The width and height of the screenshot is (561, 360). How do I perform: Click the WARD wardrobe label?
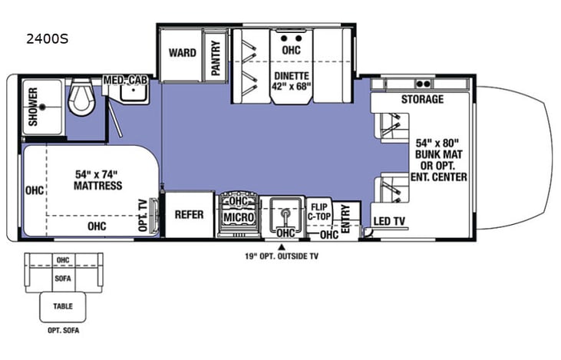coord(183,53)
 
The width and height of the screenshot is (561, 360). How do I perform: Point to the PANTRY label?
coord(216,55)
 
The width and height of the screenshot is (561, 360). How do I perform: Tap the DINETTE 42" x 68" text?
coord(291,81)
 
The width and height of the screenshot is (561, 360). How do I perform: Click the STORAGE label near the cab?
coord(422,100)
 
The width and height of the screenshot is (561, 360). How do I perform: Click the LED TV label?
coord(389,221)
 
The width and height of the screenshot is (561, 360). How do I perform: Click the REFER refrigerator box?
coord(189,214)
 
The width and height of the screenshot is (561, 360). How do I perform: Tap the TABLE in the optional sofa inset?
coord(63,305)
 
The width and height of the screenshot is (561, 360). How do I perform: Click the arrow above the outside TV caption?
coord(281,246)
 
